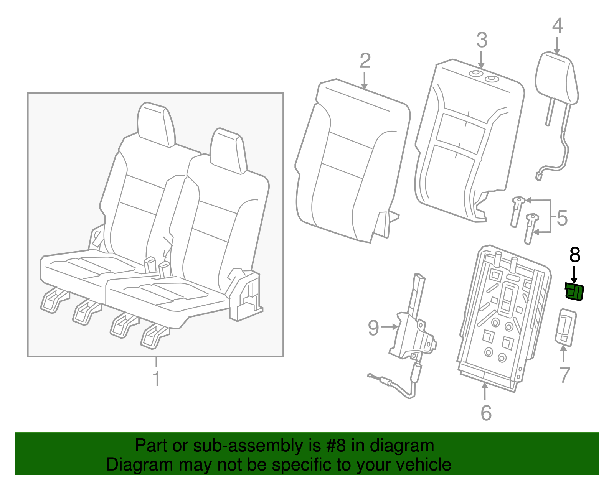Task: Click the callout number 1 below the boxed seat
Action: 156,379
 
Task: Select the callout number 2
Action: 365,61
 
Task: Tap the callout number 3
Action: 482,40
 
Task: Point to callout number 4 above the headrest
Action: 557,26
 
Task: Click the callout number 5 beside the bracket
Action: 562,218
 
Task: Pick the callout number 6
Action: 486,413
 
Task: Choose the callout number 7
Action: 564,375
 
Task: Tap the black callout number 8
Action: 574,255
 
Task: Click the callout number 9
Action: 373,328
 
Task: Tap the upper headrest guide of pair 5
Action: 517,211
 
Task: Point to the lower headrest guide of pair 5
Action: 530,228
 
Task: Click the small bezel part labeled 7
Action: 566,327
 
